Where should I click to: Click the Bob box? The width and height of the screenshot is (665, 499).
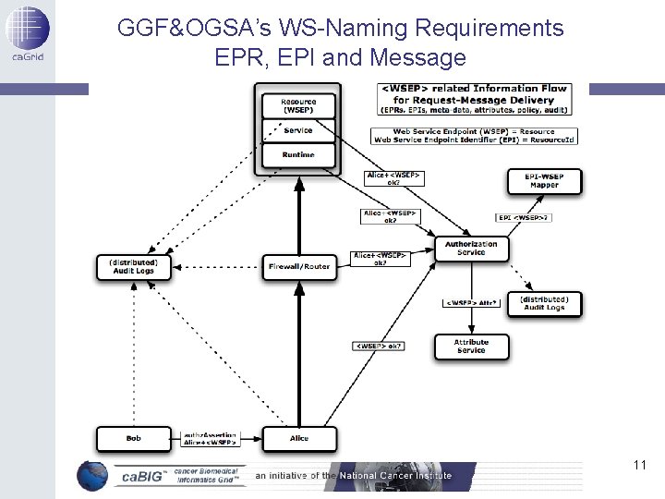pyautogui.click(x=133, y=438)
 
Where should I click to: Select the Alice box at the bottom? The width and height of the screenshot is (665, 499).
pyautogui.click(x=298, y=438)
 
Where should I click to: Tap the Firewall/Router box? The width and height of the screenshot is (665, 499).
pyautogui.click(x=298, y=267)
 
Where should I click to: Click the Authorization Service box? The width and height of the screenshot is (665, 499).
pyautogui.click(x=471, y=249)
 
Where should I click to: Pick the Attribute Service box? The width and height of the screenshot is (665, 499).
pyautogui.click(x=471, y=347)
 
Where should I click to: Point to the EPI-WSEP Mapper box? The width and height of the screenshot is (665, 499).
pyautogui.click(x=544, y=180)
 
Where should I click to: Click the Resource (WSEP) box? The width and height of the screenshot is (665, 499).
pyautogui.click(x=298, y=106)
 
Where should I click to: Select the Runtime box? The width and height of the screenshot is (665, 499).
pyautogui.click(x=298, y=155)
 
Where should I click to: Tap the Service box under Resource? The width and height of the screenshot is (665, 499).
pyautogui.click(x=298, y=131)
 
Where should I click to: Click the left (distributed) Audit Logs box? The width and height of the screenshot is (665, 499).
pyautogui.click(x=133, y=267)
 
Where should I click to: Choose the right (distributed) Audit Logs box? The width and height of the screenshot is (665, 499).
pyautogui.click(x=544, y=304)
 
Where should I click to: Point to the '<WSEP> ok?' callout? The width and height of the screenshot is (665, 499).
pyautogui.click(x=380, y=347)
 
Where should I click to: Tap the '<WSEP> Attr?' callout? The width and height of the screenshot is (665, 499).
pyautogui.click(x=473, y=302)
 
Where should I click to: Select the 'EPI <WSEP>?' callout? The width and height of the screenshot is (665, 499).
pyautogui.click(x=523, y=218)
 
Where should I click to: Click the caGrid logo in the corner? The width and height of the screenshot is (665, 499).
pyautogui.click(x=27, y=33)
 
